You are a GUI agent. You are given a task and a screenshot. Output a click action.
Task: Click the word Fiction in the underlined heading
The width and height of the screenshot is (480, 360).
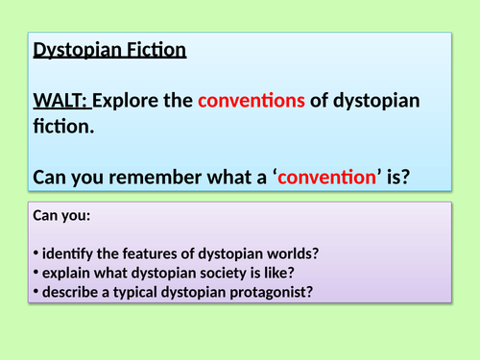[x=154, y=50]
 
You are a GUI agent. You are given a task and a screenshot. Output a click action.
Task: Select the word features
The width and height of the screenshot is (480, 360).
[x=143, y=253]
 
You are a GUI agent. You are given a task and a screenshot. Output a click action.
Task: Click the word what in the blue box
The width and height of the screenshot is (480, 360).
[x=230, y=176]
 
